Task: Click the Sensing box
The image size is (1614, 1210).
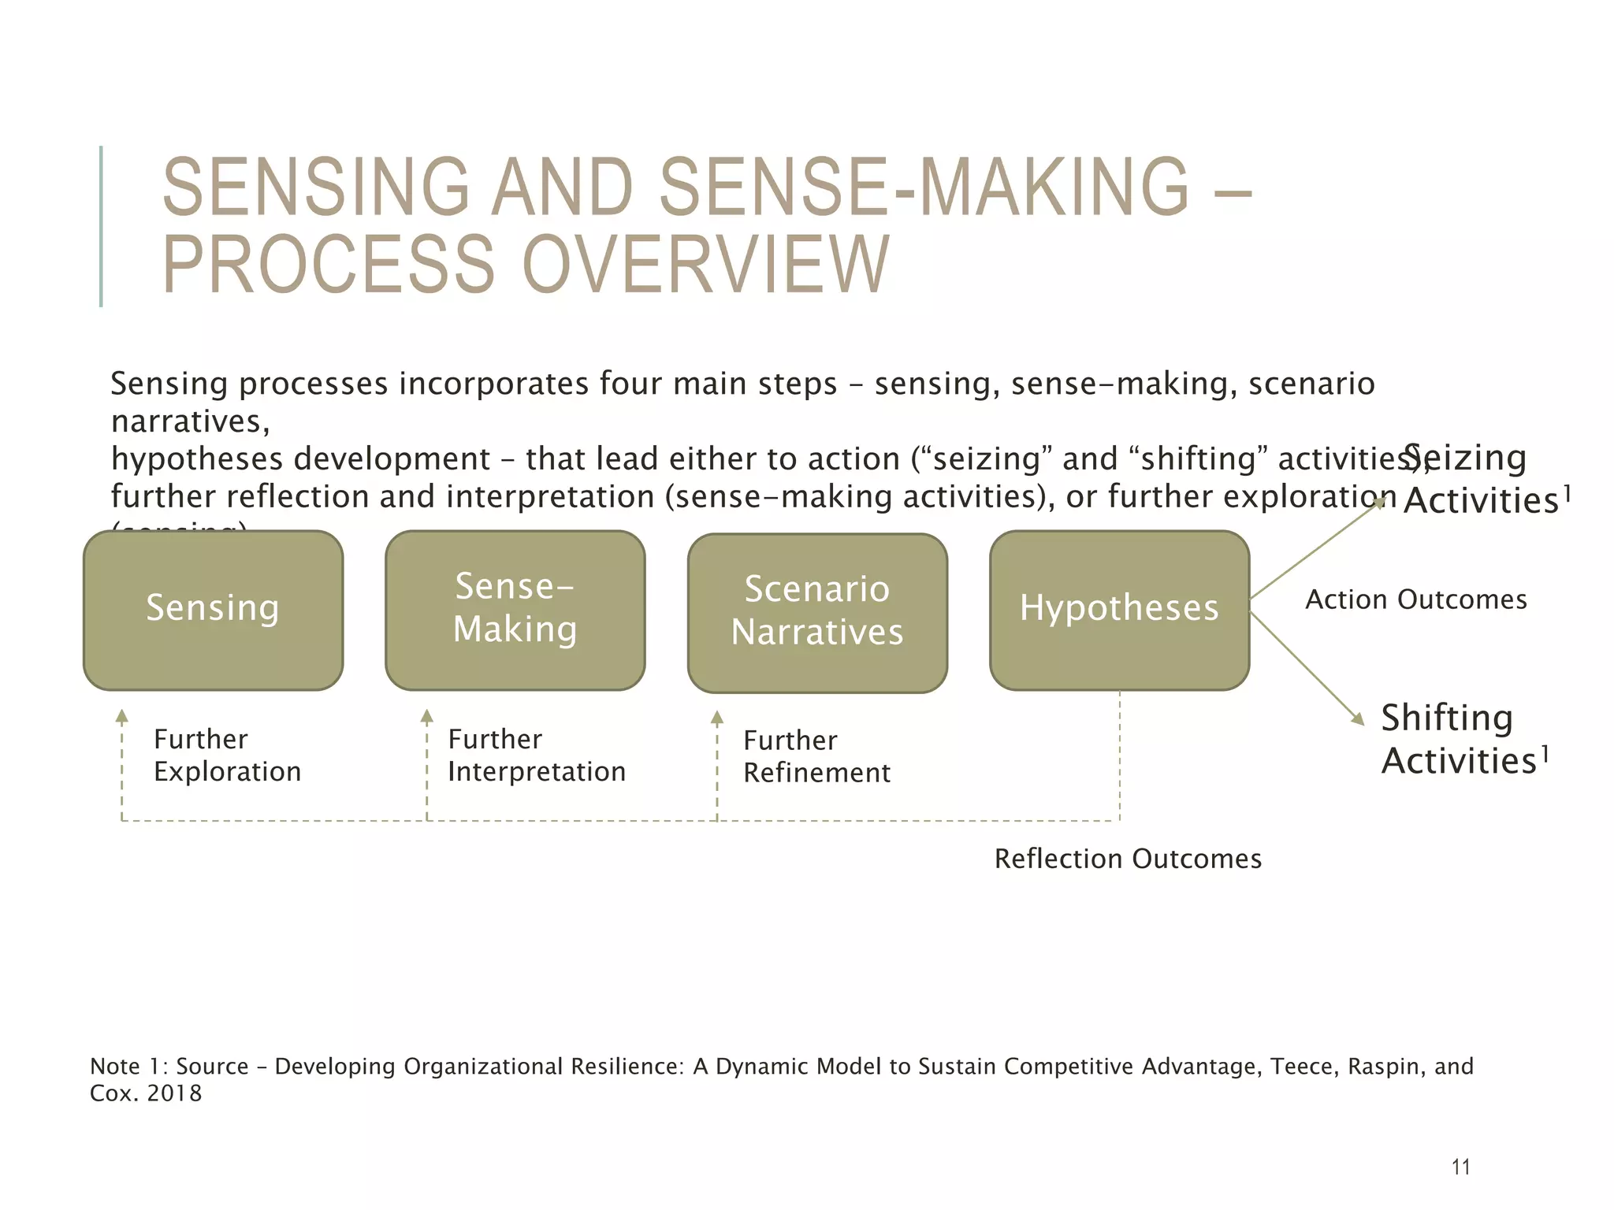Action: coord(213,610)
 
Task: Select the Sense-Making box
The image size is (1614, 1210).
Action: coord(515,610)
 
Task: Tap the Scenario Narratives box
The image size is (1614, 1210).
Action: coord(817,612)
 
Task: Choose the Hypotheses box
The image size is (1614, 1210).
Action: coord(1119,610)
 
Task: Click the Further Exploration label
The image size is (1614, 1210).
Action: coord(227,755)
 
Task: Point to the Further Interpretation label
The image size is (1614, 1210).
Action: coord(536,755)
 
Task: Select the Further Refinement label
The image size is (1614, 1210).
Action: coord(816,756)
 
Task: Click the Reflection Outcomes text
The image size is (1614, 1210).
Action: coord(1128,859)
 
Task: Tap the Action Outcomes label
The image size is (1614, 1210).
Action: coord(1416,600)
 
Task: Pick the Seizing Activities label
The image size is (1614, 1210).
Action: coord(1482,479)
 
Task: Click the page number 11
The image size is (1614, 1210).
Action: coord(1460,1167)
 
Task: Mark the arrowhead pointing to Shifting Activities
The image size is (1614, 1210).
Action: coord(1358,718)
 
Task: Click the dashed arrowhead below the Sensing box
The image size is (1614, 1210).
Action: coord(122,715)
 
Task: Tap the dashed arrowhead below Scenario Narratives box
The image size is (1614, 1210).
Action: coord(717,717)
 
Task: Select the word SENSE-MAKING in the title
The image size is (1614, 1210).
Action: coord(924,187)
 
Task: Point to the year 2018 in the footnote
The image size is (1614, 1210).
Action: coord(174,1093)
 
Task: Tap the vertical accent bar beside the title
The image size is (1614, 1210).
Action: coord(101,226)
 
